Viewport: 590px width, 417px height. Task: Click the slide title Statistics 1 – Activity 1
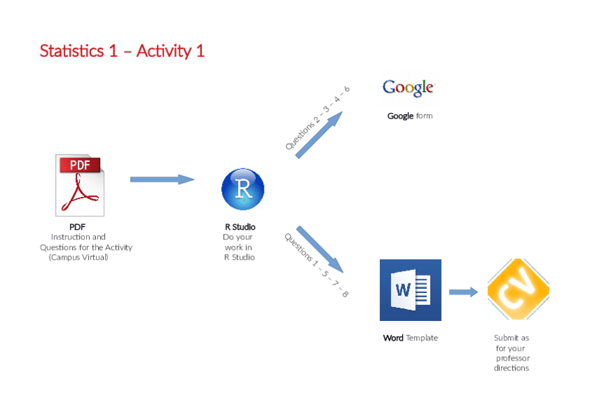click(122, 51)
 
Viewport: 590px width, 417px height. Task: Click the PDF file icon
click(80, 185)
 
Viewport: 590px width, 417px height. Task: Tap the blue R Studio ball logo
click(243, 189)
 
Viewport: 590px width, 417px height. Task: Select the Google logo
click(408, 88)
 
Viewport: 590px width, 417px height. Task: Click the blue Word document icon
click(410, 290)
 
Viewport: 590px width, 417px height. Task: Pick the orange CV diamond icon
click(518, 290)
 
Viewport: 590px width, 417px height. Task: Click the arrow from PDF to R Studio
click(161, 179)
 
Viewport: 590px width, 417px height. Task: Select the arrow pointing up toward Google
click(319, 135)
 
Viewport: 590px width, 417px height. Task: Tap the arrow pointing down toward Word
click(319, 249)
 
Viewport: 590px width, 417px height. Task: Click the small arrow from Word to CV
click(463, 292)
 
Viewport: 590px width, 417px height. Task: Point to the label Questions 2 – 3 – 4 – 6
click(317, 118)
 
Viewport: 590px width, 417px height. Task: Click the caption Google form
click(410, 116)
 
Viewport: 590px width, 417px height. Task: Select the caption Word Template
click(410, 338)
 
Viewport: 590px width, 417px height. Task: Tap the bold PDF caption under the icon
click(77, 227)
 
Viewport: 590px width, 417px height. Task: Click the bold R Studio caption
click(239, 227)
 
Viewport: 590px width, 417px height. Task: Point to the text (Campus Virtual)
click(79, 257)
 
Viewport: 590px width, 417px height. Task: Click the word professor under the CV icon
click(513, 358)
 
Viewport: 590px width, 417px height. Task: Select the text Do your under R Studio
click(238, 237)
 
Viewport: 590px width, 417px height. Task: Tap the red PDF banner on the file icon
click(80, 165)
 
